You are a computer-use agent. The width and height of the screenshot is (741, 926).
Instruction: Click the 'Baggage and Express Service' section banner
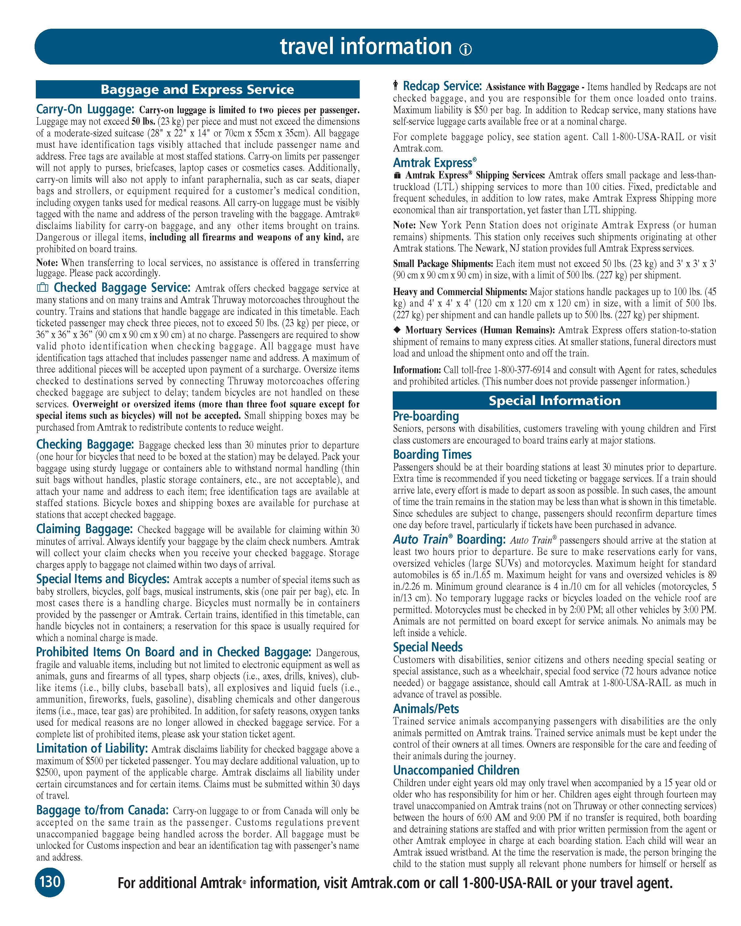click(197, 89)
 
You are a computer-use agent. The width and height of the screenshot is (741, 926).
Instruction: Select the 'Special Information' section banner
click(554, 400)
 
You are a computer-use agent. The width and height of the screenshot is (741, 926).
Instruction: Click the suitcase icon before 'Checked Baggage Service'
click(43, 287)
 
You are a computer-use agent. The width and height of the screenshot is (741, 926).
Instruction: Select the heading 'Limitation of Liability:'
click(92, 748)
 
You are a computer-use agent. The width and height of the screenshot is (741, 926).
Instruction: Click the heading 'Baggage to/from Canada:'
click(102, 810)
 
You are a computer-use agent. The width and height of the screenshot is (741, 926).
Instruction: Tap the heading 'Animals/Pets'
click(426, 708)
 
